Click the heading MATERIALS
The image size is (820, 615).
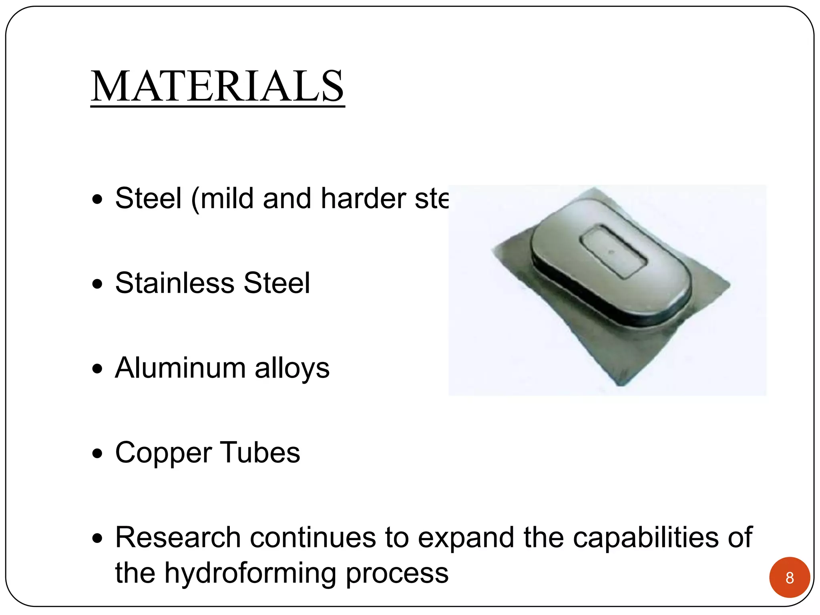pos(217,86)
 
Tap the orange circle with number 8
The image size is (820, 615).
pos(789,577)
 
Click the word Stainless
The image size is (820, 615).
pos(175,283)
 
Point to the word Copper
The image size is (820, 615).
pos(163,453)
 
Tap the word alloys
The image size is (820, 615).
pos(292,368)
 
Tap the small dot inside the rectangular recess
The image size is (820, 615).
pos(610,252)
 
